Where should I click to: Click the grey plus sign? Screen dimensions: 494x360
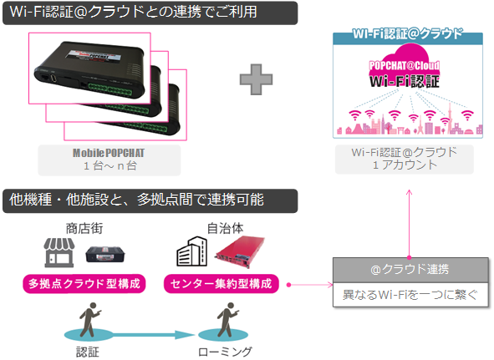tap(256, 79)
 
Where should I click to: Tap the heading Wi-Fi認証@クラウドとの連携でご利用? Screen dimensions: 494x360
tap(133, 12)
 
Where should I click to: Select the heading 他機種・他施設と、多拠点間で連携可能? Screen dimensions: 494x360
tap(136, 200)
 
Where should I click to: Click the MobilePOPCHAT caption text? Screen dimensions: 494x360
tap(109, 153)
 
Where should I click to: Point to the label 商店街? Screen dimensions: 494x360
tap(84, 229)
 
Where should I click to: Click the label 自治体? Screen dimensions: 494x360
tap(225, 229)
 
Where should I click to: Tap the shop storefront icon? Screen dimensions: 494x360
tap(59, 252)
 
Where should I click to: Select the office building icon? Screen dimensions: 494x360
tap(191, 251)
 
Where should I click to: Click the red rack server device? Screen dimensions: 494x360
tap(240, 252)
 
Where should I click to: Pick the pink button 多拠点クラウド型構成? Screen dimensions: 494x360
tap(84, 284)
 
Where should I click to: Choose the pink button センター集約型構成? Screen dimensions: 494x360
tap(222, 284)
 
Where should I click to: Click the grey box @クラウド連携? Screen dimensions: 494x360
tap(410, 270)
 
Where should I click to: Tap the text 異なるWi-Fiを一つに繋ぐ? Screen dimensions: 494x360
tap(410, 295)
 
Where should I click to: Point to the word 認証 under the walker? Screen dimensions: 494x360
tap(88, 352)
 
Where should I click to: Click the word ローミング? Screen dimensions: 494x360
tap(225, 352)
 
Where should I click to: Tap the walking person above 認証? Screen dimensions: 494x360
tap(90, 320)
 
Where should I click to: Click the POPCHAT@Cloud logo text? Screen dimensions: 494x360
tap(405, 65)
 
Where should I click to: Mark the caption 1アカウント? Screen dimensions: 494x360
tap(405, 165)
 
